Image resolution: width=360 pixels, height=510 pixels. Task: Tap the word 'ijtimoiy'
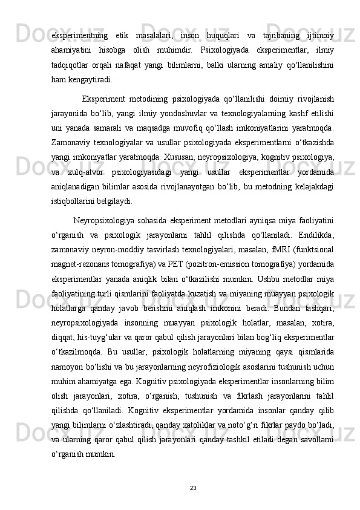(316, 22)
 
